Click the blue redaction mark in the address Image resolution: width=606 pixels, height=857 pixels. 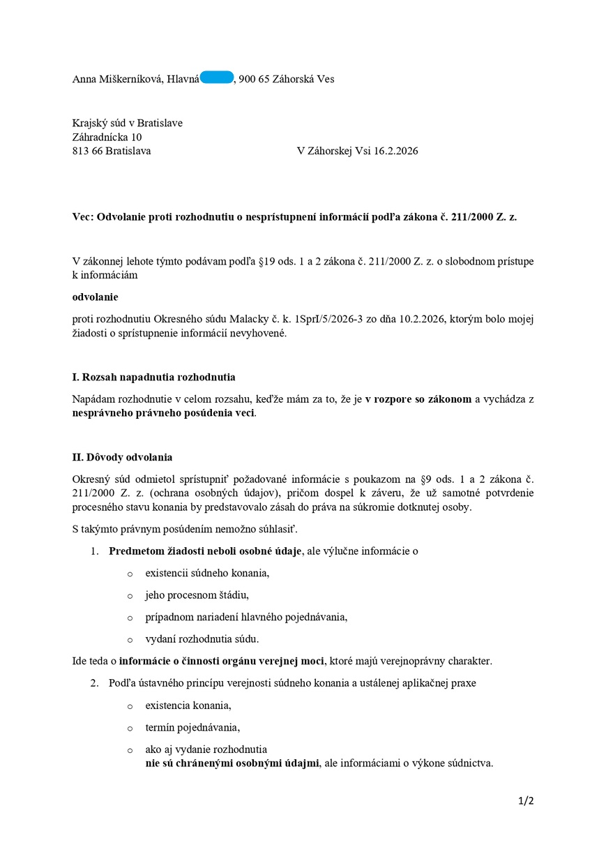point(217,78)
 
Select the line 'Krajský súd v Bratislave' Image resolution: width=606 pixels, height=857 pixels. point(128,123)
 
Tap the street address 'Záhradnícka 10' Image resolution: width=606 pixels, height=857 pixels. point(107,137)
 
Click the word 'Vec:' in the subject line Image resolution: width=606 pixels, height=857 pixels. point(83,217)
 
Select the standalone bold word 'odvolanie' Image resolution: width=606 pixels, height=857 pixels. point(96,297)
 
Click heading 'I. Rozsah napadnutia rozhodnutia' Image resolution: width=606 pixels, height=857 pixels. point(154,377)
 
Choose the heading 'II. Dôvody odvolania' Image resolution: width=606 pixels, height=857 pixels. point(122,457)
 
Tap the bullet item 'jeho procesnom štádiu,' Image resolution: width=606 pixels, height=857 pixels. point(197,595)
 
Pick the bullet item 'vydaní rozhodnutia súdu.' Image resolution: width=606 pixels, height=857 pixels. point(202,639)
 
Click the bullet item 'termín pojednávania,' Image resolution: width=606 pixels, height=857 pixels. point(192,727)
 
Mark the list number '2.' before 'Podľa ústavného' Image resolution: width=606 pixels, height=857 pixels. point(94,683)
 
